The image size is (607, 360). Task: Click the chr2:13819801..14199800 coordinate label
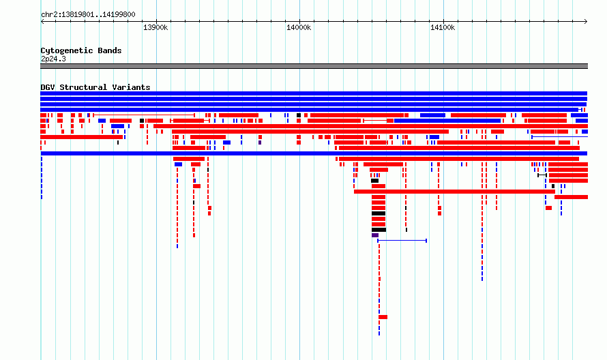[88, 15]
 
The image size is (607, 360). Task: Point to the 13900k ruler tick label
[156, 27]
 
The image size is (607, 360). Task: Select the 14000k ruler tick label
[299, 27]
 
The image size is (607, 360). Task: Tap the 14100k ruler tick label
[443, 27]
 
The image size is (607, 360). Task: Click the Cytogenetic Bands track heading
[81, 50]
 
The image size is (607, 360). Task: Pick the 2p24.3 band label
[53, 59]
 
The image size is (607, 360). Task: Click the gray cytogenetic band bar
[314, 66]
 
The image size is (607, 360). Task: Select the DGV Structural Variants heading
[95, 87]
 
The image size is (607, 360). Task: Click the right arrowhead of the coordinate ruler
[586, 22]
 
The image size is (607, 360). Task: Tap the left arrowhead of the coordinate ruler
[42, 22]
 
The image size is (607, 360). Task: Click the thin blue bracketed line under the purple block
[402, 241]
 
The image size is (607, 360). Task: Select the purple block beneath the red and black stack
[374, 235]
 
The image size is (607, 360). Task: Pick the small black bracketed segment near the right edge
[542, 175]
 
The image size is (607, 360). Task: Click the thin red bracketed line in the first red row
[144, 115]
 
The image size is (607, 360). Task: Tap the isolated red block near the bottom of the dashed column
[383, 317]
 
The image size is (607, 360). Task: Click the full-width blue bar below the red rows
[314, 153]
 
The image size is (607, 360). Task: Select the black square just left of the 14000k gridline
[299, 115]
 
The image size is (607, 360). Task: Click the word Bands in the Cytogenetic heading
[110, 50]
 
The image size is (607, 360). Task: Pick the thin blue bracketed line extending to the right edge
[559, 136]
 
